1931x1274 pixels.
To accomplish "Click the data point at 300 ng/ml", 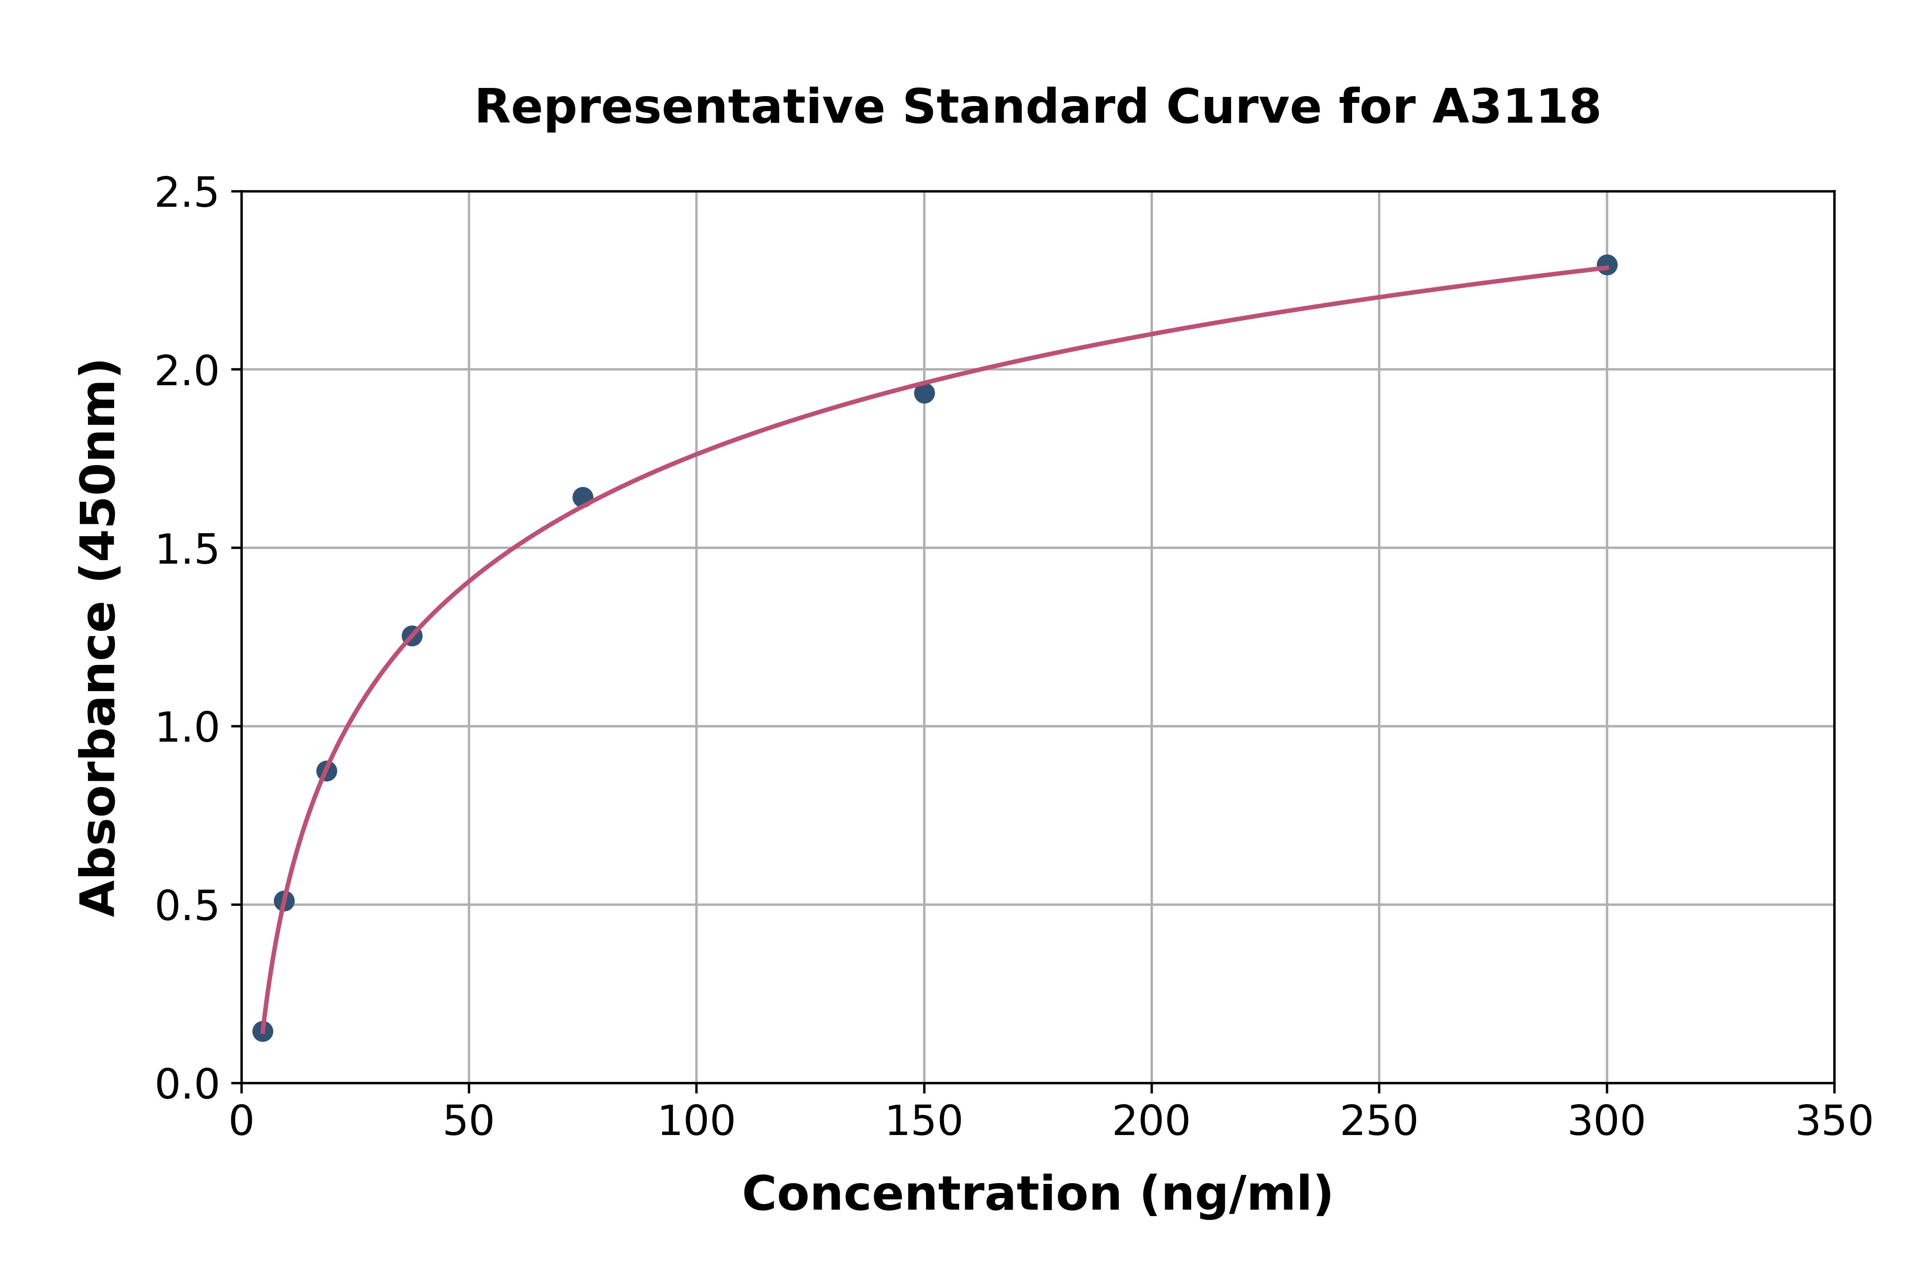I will tap(1606, 265).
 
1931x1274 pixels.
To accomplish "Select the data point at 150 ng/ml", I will tap(924, 393).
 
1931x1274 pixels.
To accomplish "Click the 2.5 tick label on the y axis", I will tap(187, 193).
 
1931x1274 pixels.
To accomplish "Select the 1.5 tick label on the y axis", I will tap(187, 550).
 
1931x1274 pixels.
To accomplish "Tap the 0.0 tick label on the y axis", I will tap(187, 1085).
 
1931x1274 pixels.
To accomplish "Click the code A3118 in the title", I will tap(1516, 107).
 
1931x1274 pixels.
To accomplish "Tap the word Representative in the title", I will tap(679, 107).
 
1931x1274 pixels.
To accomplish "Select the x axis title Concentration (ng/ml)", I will tap(1037, 1194).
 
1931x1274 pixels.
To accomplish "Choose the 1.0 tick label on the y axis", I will tap(187, 728).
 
